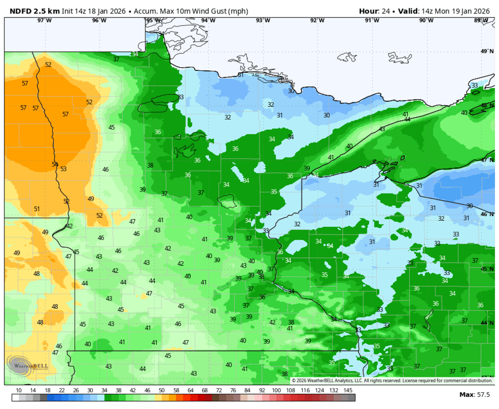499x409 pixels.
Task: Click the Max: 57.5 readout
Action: [474, 394]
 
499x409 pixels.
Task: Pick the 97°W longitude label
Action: [44, 20]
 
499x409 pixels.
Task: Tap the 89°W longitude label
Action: [481, 20]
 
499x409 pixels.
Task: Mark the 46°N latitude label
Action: [487, 214]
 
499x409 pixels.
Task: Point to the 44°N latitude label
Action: [487, 323]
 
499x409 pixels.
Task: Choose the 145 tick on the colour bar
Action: [348, 390]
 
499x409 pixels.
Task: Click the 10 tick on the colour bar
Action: [19, 390]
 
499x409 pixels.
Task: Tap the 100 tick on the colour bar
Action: [276, 390]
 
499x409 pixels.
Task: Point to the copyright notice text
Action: [392, 380]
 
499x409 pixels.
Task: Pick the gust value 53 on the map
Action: [64, 169]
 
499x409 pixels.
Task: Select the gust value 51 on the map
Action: [37, 209]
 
